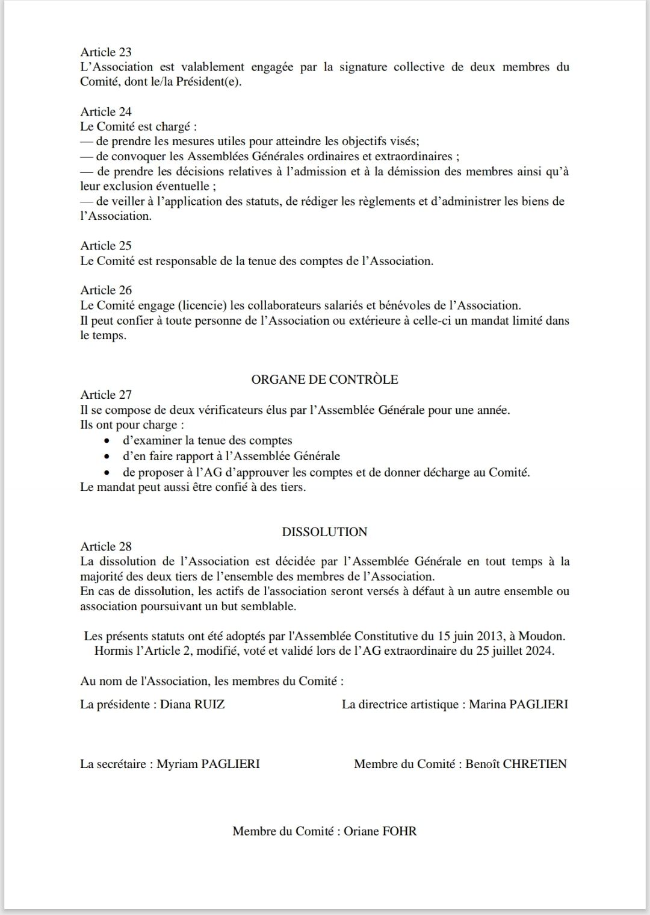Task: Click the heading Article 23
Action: pos(106,52)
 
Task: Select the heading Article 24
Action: pos(106,111)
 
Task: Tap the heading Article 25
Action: pos(106,246)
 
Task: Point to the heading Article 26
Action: pos(106,290)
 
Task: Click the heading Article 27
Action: pos(106,395)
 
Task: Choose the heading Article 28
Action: pos(106,546)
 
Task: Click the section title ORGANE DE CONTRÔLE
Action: pos(324,379)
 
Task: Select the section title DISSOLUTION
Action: pos(324,532)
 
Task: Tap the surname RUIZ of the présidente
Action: pos(209,704)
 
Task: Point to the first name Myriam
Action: pos(178,764)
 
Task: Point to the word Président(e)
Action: pos(208,82)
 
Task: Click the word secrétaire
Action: pos(121,764)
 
